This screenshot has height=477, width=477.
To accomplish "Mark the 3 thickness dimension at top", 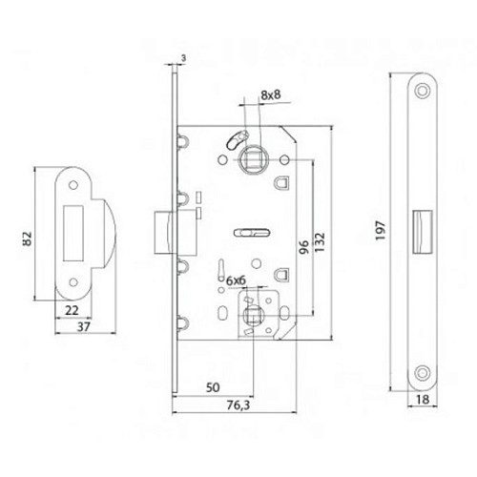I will pyautogui.click(x=184, y=59).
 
